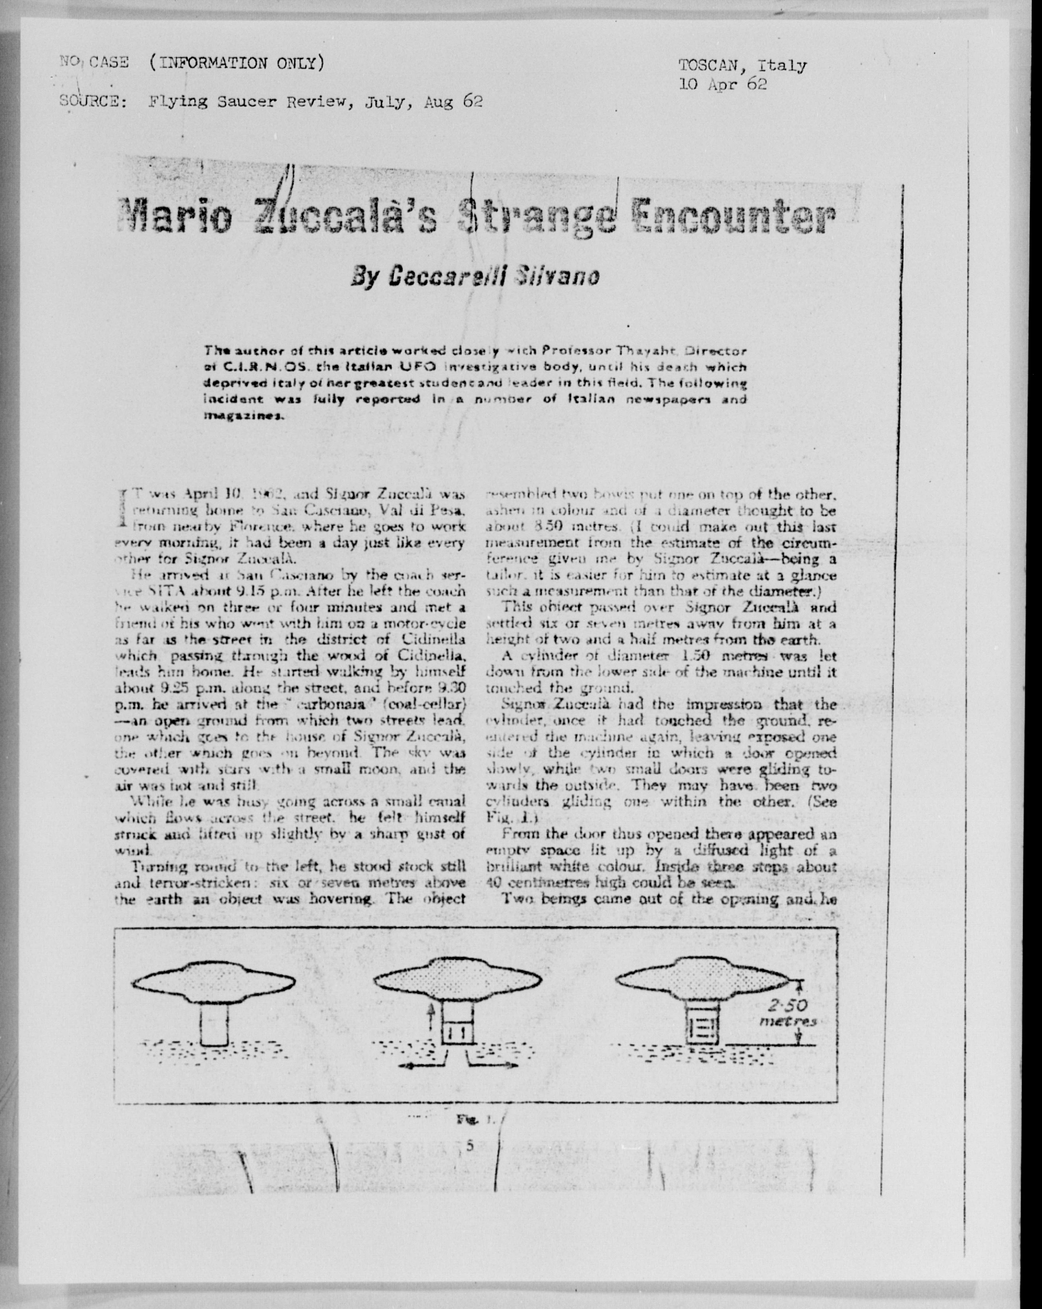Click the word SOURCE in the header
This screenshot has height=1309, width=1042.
click(92, 102)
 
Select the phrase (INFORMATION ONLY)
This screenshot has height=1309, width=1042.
click(236, 62)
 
